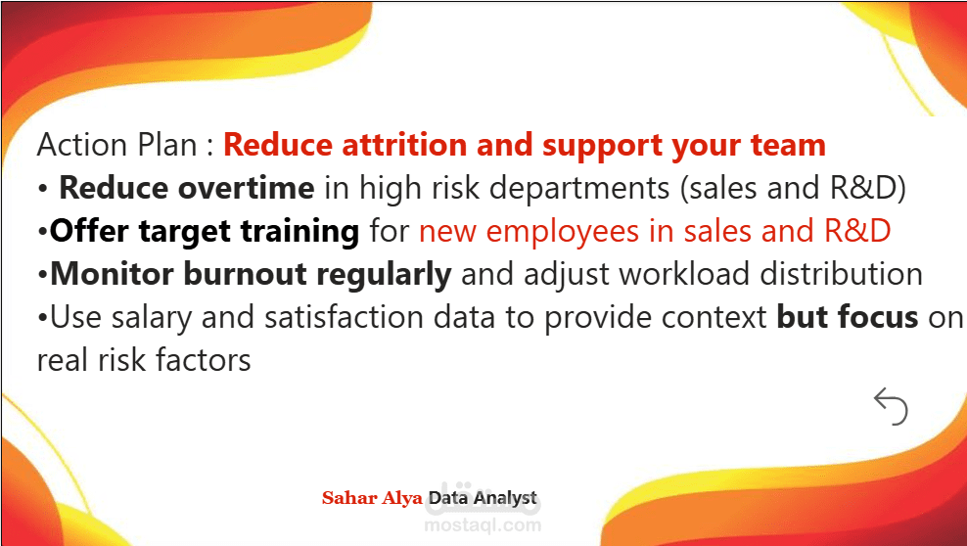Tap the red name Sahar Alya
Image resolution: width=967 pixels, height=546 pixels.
tap(372, 498)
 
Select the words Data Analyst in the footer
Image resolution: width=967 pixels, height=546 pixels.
tap(483, 498)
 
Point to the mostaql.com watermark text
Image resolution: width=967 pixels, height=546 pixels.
tap(483, 525)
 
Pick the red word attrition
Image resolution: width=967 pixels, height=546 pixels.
tap(404, 145)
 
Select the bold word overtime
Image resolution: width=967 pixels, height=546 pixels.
tap(246, 188)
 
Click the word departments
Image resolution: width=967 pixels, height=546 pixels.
tap(579, 189)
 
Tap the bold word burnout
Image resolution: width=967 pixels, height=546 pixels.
tap(245, 274)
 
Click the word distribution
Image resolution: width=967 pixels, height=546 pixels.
tap(841, 274)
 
